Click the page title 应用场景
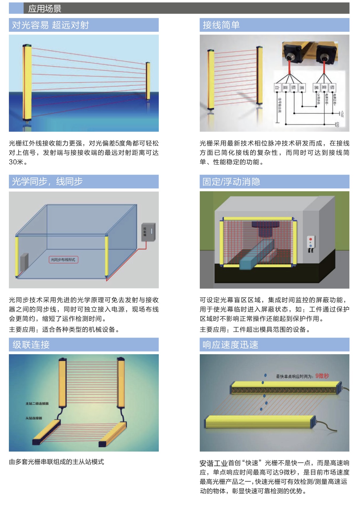(x=45, y=9)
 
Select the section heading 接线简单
(x=221, y=25)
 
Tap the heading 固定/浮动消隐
(x=231, y=182)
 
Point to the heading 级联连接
(x=31, y=344)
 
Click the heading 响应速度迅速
(x=230, y=344)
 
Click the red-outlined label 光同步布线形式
(x=63, y=260)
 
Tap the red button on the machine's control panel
(x=310, y=239)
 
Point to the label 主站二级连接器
(x=37, y=403)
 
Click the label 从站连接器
(x=34, y=418)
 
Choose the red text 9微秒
(x=322, y=376)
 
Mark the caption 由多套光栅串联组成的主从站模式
(x=56, y=462)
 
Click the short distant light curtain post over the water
(x=148, y=81)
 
